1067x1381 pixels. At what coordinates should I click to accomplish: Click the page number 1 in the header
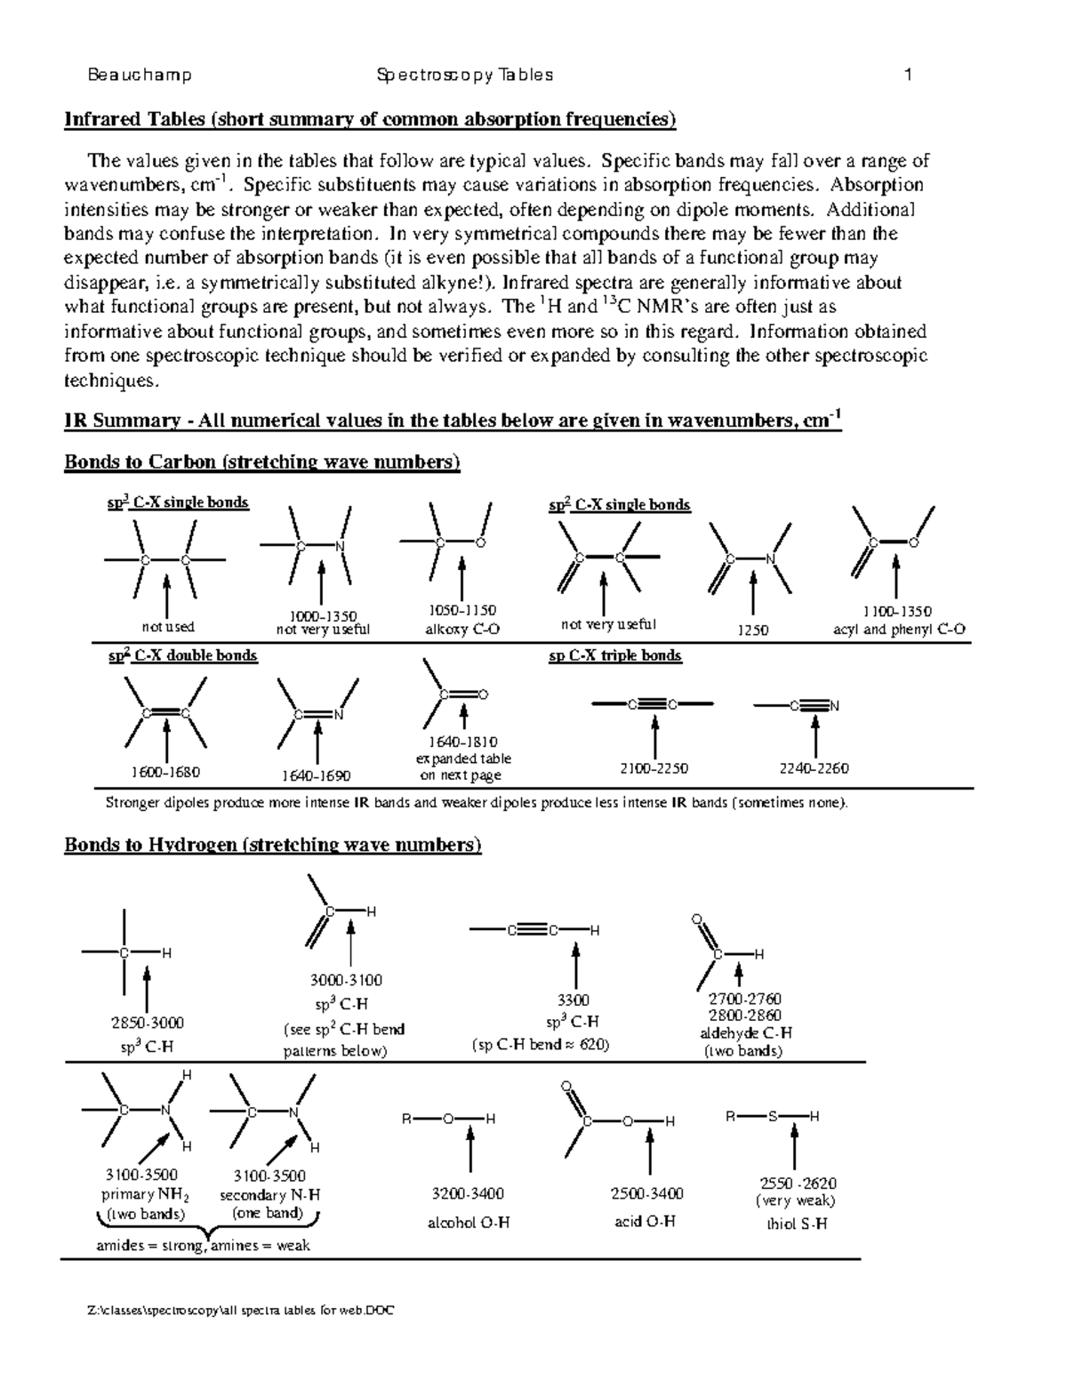click(908, 76)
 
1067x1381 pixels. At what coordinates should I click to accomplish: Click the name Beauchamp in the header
click(140, 76)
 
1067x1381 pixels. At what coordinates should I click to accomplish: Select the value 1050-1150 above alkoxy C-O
click(461, 611)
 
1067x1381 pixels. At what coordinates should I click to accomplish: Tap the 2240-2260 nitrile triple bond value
click(814, 768)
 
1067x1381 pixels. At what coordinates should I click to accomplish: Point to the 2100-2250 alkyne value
click(654, 768)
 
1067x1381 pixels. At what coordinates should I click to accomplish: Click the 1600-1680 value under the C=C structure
click(166, 772)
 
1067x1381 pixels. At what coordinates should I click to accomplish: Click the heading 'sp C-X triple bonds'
click(615, 656)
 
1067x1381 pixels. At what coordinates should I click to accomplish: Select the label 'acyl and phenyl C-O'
click(899, 630)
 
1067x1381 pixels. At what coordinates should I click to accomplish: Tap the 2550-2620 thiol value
click(798, 1184)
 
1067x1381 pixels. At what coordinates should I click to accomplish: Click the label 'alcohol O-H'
click(469, 1223)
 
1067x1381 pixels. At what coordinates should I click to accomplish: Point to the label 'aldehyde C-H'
click(745, 1033)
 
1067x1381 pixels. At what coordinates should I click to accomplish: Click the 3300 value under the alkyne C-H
click(575, 1000)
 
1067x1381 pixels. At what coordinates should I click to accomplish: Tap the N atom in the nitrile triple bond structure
click(834, 706)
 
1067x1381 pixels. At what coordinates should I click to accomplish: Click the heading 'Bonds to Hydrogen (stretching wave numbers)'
click(272, 845)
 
